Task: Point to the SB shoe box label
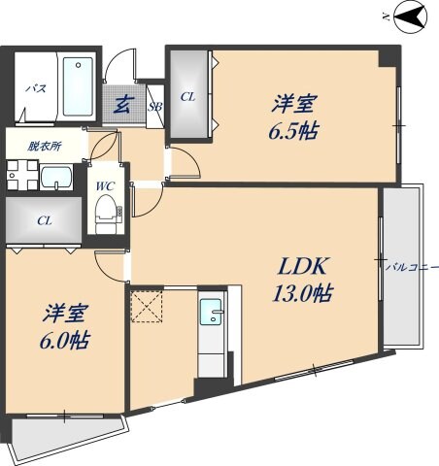coord(154,107)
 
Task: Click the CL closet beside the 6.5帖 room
coord(187,96)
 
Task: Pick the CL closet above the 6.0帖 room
coord(43,220)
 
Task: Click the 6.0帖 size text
coord(66,342)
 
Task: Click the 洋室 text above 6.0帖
coord(66,314)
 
